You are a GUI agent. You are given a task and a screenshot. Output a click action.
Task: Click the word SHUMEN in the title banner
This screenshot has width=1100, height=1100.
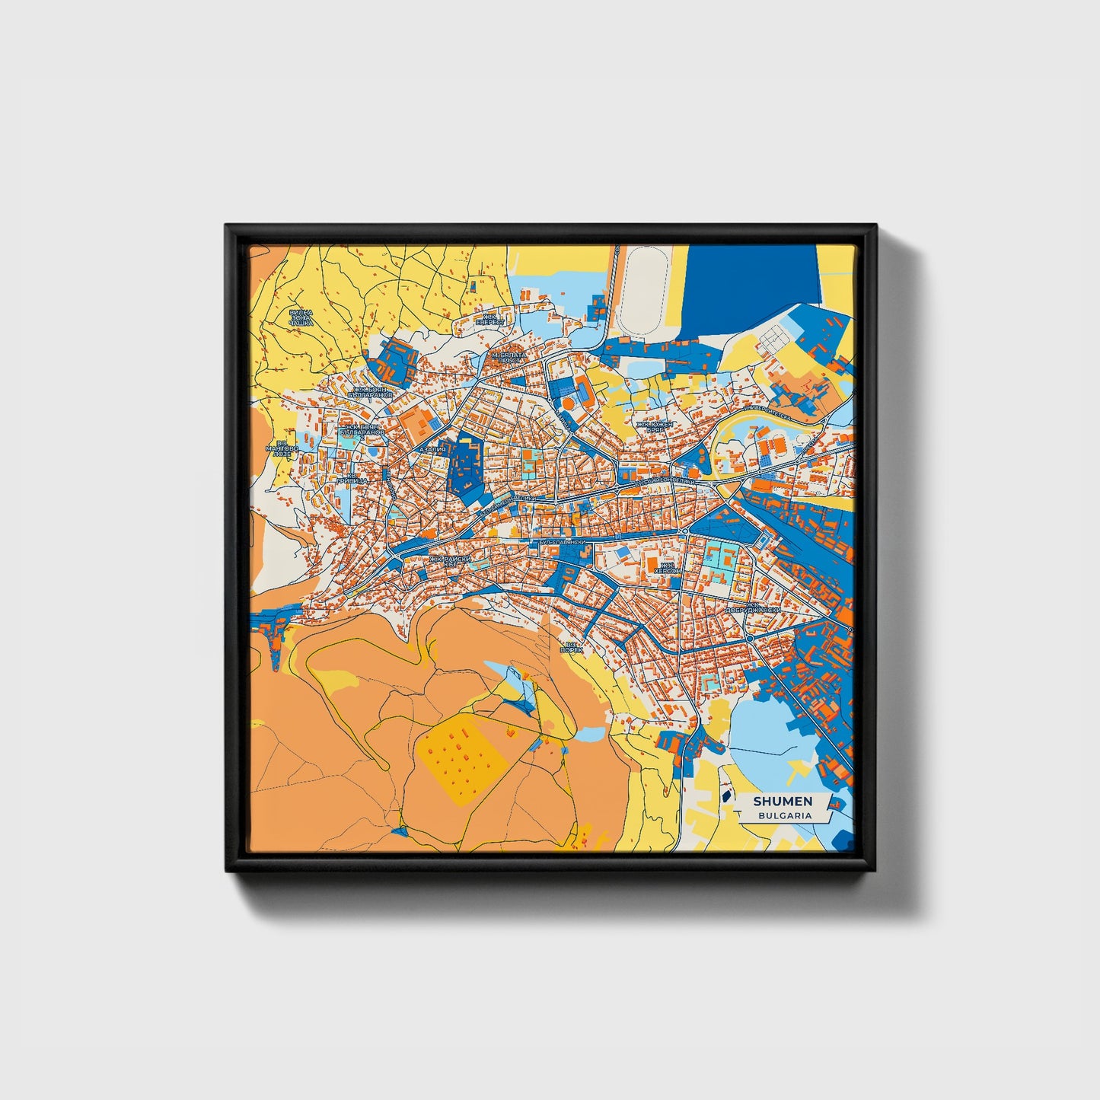pyautogui.click(x=783, y=801)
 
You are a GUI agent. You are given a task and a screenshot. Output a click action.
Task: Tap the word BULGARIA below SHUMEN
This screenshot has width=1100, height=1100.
pyautogui.click(x=784, y=815)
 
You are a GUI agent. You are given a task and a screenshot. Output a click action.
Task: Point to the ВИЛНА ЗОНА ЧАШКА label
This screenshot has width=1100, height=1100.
pyautogui.click(x=301, y=317)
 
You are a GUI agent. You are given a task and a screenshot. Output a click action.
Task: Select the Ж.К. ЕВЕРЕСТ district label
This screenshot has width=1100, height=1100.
pyautogui.click(x=490, y=320)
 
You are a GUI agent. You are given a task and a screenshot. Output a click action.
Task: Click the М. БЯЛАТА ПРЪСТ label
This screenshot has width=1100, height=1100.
pyautogui.click(x=509, y=357)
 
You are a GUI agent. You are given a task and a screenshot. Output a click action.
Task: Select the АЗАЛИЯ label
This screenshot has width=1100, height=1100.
pyautogui.click(x=432, y=449)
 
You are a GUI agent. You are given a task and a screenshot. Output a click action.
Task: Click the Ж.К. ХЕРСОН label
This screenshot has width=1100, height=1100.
pyautogui.click(x=667, y=569)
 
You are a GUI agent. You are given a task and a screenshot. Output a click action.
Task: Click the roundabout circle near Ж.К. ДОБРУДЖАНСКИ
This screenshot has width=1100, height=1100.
pyautogui.click(x=750, y=638)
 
